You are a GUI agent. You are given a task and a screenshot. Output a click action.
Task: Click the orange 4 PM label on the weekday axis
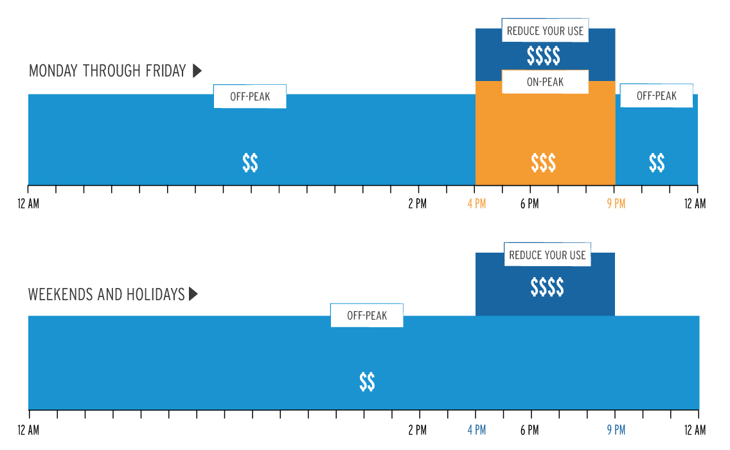pyautogui.click(x=476, y=204)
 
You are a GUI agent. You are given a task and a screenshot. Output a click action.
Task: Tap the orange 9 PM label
pyautogui.click(x=616, y=204)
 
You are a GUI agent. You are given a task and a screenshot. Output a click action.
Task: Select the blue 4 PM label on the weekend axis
pyautogui.click(x=476, y=429)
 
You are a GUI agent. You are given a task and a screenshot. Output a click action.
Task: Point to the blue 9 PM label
pyautogui.click(x=616, y=429)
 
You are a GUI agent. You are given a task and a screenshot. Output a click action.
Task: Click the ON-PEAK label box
pyautogui.click(x=545, y=82)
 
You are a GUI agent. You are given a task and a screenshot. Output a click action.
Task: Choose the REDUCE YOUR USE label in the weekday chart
pyautogui.click(x=545, y=31)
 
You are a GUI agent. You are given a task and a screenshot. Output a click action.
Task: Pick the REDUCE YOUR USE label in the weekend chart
pyautogui.click(x=547, y=255)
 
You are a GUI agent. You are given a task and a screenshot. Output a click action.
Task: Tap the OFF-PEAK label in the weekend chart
pyautogui.click(x=367, y=316)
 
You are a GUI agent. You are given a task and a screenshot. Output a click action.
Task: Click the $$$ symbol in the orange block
pyautogui.click(x=544, y=163)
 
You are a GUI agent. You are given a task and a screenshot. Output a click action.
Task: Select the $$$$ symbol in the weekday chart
pyautogui.click(x=544, y=56)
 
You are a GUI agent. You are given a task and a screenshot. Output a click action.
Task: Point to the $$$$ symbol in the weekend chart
pyautogui.click(x=547, y=287)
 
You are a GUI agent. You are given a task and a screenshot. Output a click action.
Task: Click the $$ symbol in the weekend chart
pyautogui.click(x=367, y=382)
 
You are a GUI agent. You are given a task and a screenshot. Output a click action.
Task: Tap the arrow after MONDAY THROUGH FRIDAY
pyautogui.click(x=197, y=71)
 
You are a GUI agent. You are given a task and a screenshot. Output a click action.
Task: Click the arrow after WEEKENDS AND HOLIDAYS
pyautogui.click(x=193, y=294)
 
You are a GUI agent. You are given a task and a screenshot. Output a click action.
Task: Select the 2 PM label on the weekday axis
pyautogui.click(x=417, y=204)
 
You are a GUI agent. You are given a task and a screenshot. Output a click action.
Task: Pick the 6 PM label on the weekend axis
pyautogui.click(x=530, y=429)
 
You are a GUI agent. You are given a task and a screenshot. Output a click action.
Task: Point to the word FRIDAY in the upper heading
pyautogui.click(x=166, y=71)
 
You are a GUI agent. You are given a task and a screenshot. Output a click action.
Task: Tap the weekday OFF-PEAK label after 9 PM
pyautogui.click(x=657, y=96)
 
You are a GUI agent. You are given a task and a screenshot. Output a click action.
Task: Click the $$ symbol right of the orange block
pyautogui.click(x=657, y=163)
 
